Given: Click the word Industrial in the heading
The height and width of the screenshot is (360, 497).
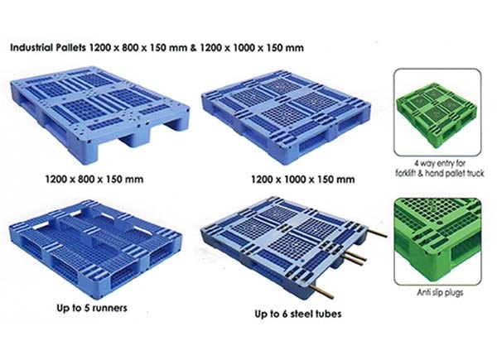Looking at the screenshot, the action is point(31,47).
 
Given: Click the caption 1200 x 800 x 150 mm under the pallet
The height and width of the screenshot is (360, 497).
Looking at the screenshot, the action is point(94,180).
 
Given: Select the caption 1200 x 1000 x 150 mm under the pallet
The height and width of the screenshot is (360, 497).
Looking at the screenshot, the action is point(302,180).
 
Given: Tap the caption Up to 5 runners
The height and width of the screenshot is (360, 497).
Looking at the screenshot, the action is point(92,308).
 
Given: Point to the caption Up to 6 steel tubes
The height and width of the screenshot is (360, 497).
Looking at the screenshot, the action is point(298,314).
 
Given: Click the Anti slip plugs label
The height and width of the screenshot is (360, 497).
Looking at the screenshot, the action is point(440,293).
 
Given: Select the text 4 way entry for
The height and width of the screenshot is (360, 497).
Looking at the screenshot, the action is point(440,163).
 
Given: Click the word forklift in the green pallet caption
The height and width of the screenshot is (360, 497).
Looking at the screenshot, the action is point(406,173).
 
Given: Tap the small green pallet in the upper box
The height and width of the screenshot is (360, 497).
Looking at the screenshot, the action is point(437,114).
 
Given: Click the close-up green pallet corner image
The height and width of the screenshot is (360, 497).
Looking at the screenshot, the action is point(437,242).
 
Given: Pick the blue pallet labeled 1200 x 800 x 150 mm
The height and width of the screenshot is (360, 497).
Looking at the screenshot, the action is point(100,114).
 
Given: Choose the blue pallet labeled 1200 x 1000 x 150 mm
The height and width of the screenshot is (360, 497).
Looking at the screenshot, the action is point(287,117).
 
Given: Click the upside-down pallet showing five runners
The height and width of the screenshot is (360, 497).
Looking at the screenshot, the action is point(95,249).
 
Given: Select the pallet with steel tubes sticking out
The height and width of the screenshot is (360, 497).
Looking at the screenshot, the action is point(293,247).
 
